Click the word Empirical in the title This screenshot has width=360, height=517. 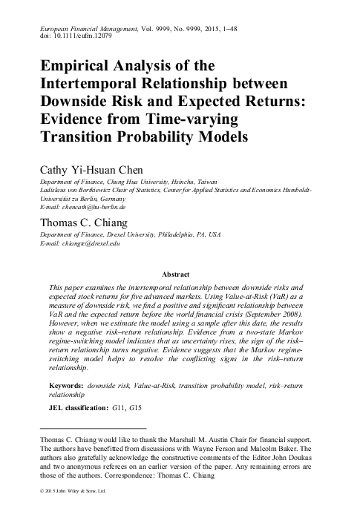pos(80,65)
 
